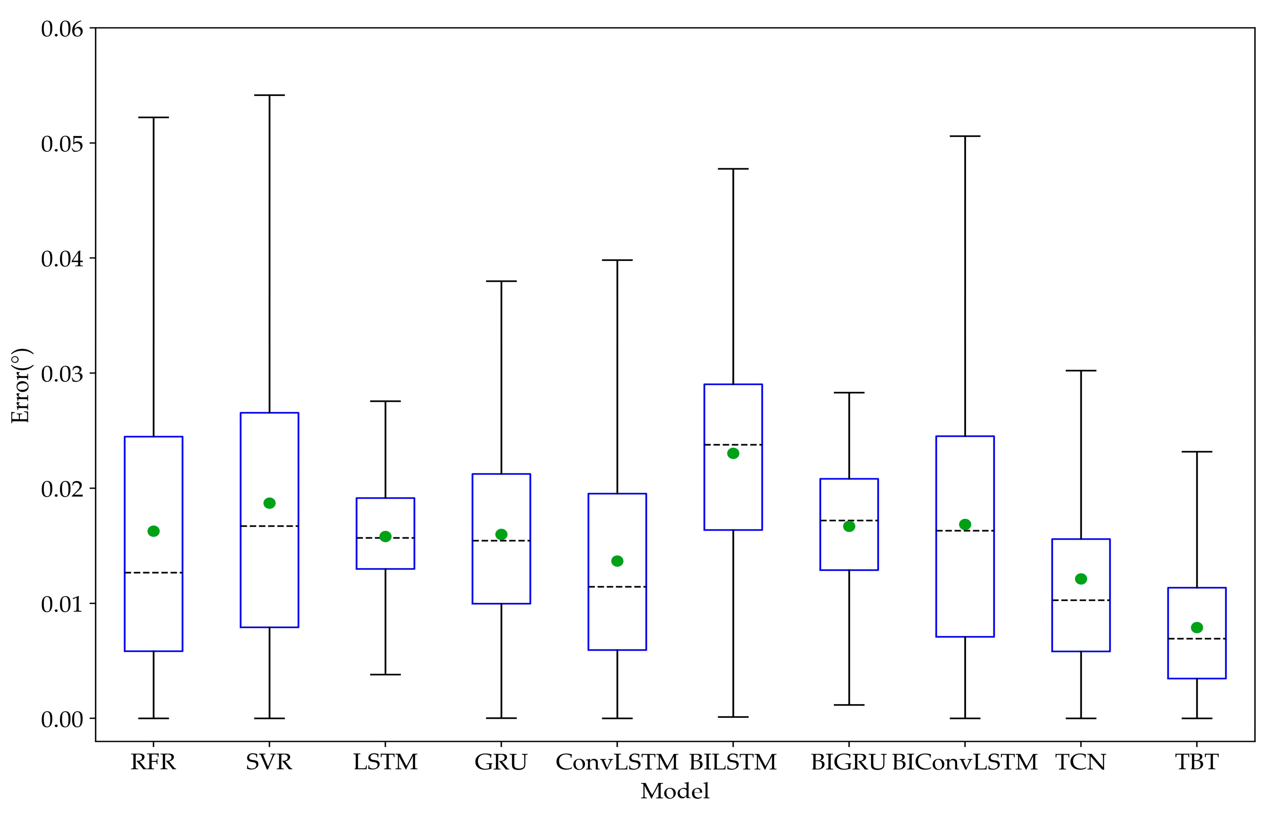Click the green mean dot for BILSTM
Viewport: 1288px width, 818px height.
point(733,453)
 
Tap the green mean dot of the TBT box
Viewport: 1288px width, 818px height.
point(1197,627)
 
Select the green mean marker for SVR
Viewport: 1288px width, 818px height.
point(269,503)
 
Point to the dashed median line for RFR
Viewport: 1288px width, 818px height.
point(154,573)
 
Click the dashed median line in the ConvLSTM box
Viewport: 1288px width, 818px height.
point(617,586)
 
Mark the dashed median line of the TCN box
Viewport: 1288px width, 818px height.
point(1080,601)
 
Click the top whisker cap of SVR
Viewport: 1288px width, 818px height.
point(269,95)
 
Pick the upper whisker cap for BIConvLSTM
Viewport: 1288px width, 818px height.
point(965,136)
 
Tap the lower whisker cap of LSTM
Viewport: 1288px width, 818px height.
point(385,675)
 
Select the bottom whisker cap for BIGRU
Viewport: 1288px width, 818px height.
point(849,705)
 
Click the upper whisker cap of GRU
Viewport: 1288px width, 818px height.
point(501,281)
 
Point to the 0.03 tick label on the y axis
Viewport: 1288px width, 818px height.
point(62,374)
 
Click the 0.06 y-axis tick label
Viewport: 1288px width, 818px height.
point(62,29)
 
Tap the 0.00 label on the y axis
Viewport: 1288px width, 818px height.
point(62,719)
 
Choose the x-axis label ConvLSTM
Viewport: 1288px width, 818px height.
point(617,762)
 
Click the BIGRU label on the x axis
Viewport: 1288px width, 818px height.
point(848,762)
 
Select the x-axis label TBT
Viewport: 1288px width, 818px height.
point(1197,762)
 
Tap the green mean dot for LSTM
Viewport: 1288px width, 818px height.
point(385,536)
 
